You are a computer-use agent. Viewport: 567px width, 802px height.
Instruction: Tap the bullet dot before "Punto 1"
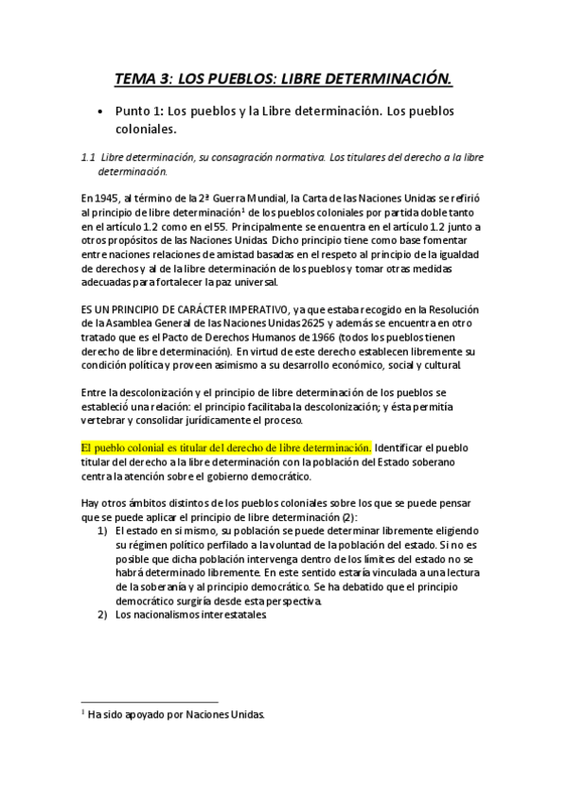coord(100,112)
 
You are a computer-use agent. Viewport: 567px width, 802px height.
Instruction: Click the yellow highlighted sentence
coord(226,446)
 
